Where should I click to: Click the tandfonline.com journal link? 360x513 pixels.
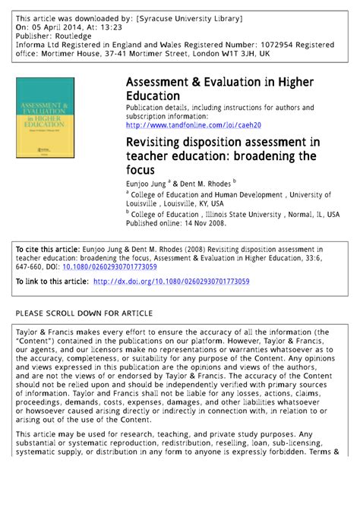tap(193, 125)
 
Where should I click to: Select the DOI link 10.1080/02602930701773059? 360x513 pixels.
tap(111, 266)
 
